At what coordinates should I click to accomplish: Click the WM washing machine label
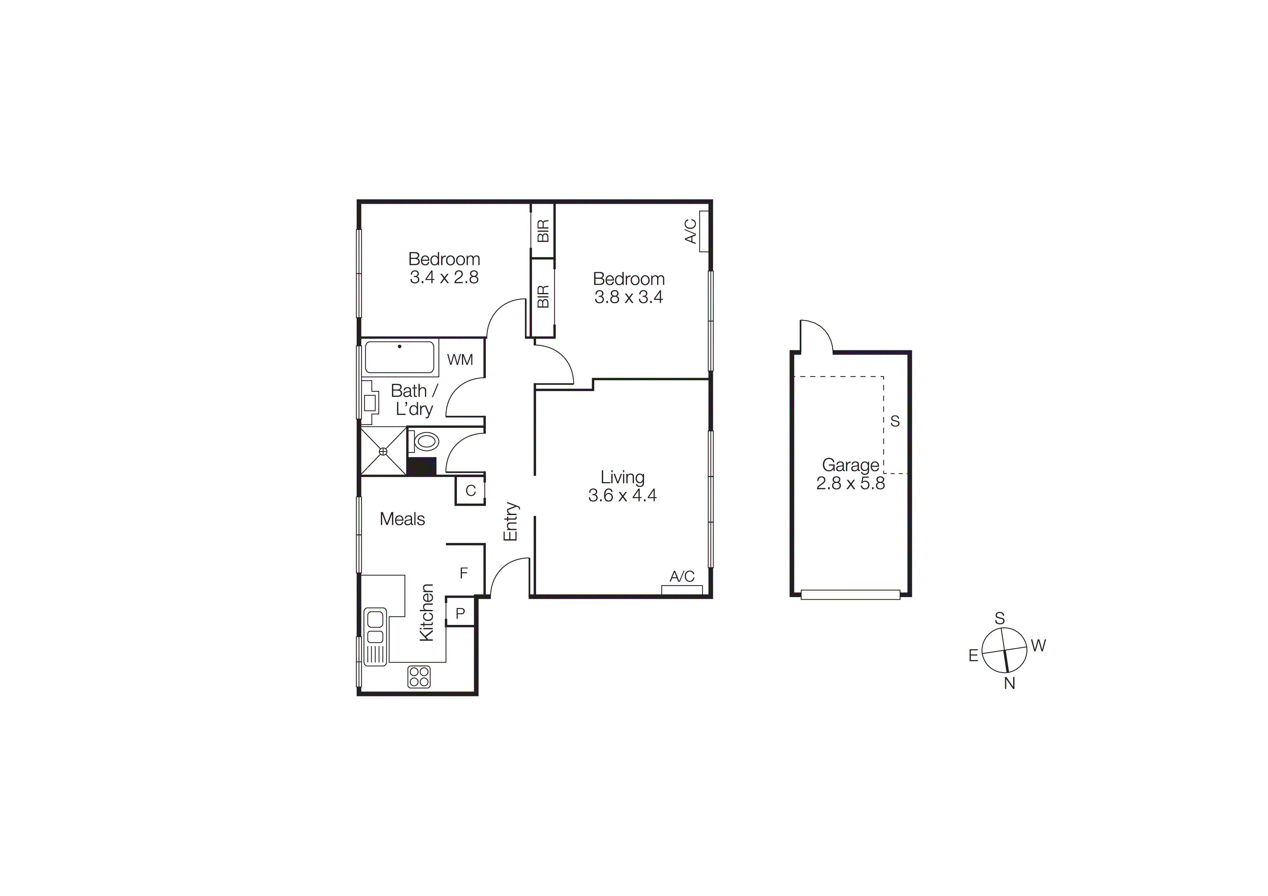pos(460,360)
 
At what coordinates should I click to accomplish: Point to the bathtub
pos(400,357)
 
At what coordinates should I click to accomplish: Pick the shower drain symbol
pos(383,451)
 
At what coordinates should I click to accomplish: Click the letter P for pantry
pos(460,613)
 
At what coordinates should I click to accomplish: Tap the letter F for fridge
pos(464,573)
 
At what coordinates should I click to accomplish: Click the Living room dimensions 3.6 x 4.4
pos(622,495)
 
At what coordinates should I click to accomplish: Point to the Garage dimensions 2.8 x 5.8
pos(851,483)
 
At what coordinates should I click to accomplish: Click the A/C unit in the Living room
pos(682,590)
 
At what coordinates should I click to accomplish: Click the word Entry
pos(511,521)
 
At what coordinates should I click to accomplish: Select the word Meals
pos(402,519)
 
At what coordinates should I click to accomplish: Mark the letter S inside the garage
pos(895,421)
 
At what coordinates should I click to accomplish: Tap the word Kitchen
pos(427,612)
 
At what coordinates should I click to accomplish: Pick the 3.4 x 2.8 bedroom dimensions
pos(444,277)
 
